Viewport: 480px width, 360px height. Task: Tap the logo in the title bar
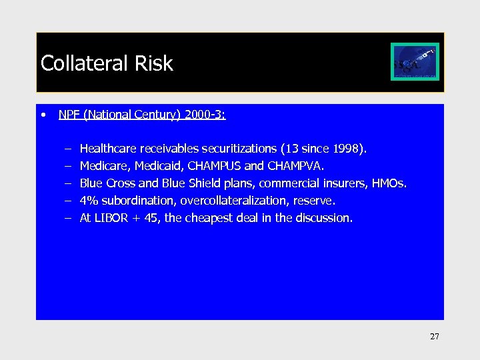pyautogui.click(x=415, y=62)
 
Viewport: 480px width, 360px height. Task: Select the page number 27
pyautogui.click(x=435, y=337)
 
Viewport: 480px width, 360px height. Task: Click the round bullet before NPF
pyautogui.click(x=43, y=115)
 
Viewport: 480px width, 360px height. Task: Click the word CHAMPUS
pyautogui.click(x=216, y=166)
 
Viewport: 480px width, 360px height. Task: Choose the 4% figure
pyautogui.click(x=88, y=201)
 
